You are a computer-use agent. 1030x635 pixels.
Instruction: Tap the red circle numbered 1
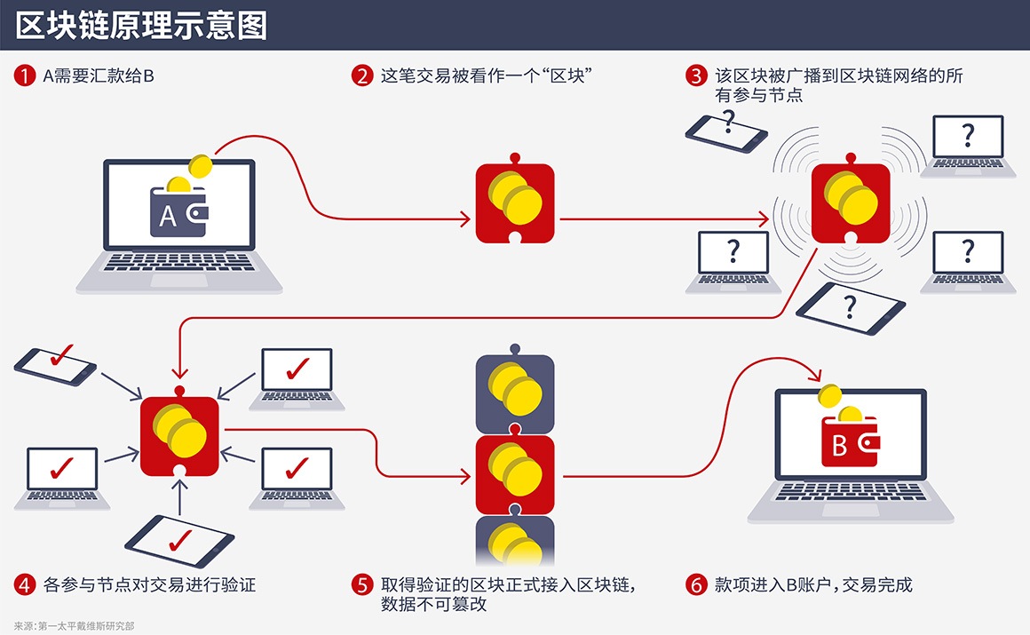(24, 76)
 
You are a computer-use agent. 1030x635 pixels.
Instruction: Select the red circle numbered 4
(24, 584)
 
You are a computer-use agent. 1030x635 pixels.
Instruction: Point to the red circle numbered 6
(697, 584)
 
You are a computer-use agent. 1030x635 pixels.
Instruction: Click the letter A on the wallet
(167, 216)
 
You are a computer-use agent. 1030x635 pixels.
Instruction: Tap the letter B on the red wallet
(839, 446)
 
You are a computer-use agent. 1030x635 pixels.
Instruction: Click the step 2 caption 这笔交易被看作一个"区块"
(487, 76)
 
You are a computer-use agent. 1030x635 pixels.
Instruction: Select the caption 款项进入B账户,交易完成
(813, 584)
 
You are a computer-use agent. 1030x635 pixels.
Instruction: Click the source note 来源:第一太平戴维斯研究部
(75, 625)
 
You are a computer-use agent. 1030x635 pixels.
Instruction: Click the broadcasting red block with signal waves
(850, 203)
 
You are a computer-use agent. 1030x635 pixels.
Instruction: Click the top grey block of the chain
(515, 391)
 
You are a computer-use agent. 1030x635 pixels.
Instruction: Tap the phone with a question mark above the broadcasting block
(726, 130)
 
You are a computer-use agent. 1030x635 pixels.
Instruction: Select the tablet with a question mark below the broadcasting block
(851, 307)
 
